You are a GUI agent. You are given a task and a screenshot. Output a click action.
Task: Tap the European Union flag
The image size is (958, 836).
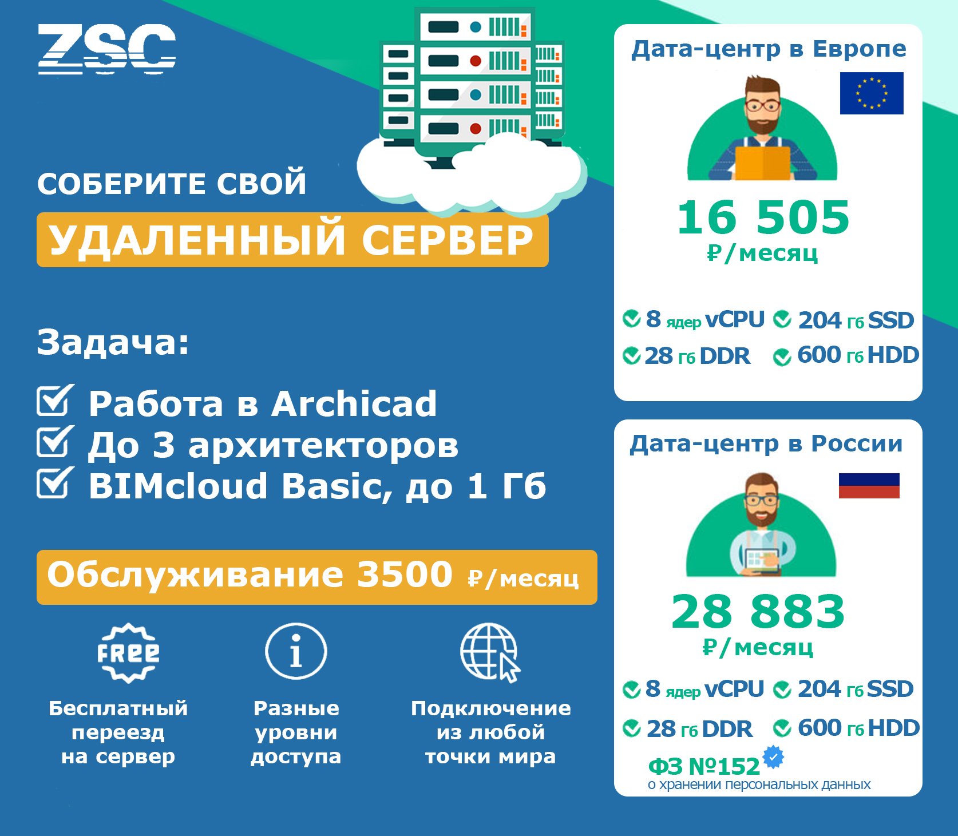(x=872, y=93)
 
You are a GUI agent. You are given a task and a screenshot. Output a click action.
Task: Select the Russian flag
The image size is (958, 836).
(x=869, y=486)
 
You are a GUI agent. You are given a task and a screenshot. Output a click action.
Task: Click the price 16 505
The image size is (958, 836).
(x=763, y=217)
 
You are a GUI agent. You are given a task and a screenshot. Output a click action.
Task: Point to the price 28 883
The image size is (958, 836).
(x=758, y=612)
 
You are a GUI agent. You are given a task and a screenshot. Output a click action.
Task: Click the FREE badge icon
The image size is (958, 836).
(x=128, y=653)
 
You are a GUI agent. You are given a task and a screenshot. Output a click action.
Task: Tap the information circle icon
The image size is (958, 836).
(x=296, y=651)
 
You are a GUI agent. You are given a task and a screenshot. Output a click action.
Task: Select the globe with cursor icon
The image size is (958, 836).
(x=490, y=652)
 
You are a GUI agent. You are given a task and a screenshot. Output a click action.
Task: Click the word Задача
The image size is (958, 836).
(x=113, y=342)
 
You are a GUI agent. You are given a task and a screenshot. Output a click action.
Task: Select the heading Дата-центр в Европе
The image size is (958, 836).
(x=769, y=49)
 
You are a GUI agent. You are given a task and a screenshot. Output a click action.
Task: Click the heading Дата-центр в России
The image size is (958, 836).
(x=766, y=443)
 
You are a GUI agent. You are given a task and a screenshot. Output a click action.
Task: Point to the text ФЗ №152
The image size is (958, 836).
(x=704, y=766)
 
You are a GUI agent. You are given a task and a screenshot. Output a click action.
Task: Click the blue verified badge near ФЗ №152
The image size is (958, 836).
(x=774, y=757)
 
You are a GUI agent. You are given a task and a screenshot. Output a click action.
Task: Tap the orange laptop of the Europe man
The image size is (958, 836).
(x=763, y=163)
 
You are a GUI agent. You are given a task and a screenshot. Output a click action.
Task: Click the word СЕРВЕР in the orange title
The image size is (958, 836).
(x=448, y=240)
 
